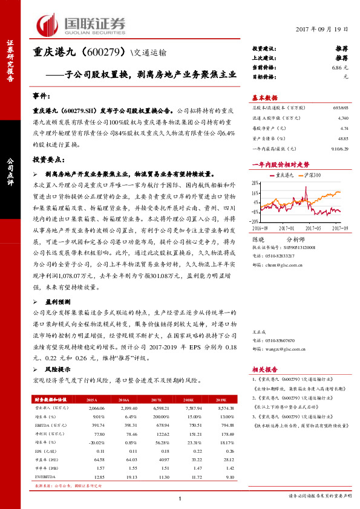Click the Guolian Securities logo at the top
(82, 24)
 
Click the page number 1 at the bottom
(180, 498)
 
